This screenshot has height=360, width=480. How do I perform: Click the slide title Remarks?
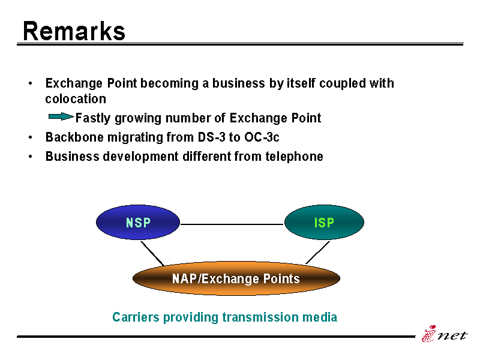pyautogui.click(x=74, y=31)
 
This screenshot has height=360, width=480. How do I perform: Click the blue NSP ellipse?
pyautogui.click(x=138, y=222)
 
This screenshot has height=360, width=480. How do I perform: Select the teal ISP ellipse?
pyautogui.click(x=324, y=222)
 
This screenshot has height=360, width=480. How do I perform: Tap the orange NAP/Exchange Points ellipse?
pyautogui.click(x=236, y=278)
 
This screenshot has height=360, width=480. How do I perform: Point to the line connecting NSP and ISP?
pyautogui.click(x=232, y=224)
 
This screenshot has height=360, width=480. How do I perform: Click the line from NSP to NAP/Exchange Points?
pyautogui.click(x=152, y=253)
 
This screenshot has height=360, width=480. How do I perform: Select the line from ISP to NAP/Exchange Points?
pyautogui.click(x=318, y=253)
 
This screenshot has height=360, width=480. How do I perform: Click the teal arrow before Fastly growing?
pyautogui.click(x=61, y=116)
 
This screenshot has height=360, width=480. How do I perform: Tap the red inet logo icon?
pyautogui.click(x=429, y=334)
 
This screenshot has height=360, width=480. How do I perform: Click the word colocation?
pyautogui.click(x=76, y=99)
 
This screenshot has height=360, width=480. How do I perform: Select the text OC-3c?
pyautogui.click(x=262, y=137)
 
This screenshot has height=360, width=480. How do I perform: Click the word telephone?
pyautogui.click(x=294, y=157)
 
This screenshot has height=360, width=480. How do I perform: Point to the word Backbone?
pyautogui.click(x=74, y=137)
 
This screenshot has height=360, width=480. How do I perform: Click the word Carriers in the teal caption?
pyautogui.click(x=136, y=317)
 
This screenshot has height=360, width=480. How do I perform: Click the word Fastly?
pyautogui.click(x=93, y=118)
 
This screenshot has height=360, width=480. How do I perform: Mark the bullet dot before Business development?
pyautogui.click(x=30, y=157)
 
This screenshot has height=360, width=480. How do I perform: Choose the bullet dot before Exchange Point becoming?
pyautogui.click(x=30, y=83)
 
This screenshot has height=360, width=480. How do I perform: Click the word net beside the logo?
pyautogui.click(x=452, y=335)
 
